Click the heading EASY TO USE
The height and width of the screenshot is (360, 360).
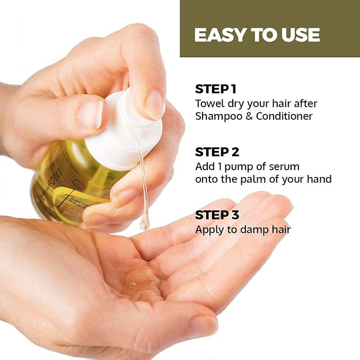(x=257, y=35)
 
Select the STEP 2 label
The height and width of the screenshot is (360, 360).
(x=217, y=152)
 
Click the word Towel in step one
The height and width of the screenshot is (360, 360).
(x=208, y=103)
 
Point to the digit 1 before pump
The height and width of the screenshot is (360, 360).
(x=219, y=166)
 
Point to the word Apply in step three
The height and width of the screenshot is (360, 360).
(x=208, y=230)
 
